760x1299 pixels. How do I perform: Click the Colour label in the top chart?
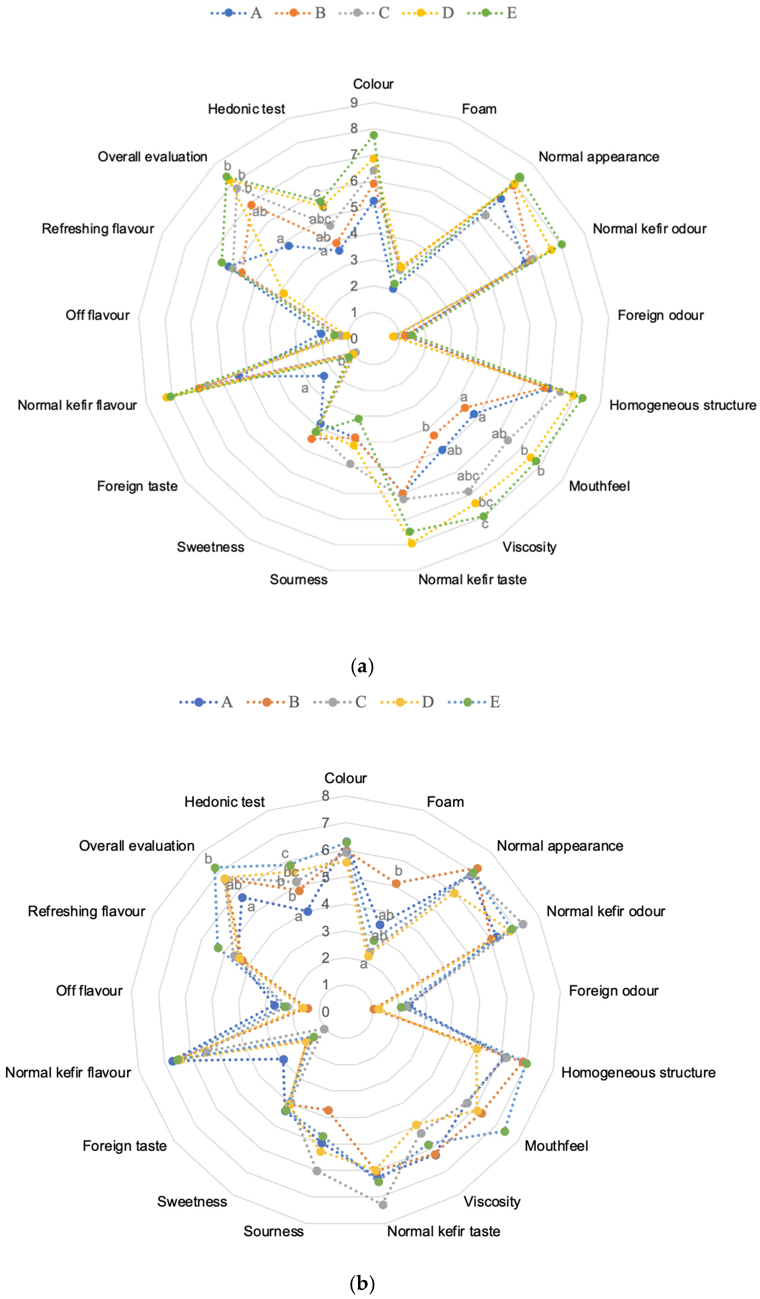[373, 84]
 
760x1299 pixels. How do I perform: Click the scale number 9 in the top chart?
[354, 103]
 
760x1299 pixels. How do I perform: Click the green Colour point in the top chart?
[374, 135]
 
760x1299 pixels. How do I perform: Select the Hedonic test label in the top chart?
[246, 109]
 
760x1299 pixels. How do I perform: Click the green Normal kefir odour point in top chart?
[562, 244]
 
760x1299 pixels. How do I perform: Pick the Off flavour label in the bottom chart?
[89, 991]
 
